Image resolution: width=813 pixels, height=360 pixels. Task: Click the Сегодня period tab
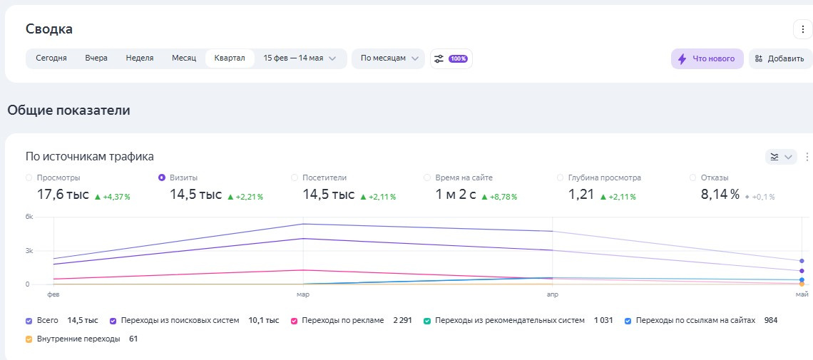(x=51, y=58)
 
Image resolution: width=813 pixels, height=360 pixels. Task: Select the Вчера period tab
(x=96, y=58)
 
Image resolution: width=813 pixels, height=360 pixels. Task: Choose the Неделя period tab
(x=140, y=58)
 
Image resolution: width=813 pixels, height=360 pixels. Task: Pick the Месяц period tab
(x=184, y=58)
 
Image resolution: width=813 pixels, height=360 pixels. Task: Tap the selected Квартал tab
(x=230, y=58)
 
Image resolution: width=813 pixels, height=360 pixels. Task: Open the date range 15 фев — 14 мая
(x=300, y=58)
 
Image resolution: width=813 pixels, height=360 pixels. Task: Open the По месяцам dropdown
(x=389, y=58)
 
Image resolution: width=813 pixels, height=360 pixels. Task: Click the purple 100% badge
(x=458, y=58)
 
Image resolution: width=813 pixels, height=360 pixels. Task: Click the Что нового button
(x=707, y=58)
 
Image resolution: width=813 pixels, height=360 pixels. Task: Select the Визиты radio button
(x=162, y=178)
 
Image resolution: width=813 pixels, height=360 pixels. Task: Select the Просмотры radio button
(x=29, y=178)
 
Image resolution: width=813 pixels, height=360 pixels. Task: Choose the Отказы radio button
(x=693, y=178)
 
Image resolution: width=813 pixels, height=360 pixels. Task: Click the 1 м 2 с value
(x=456, y=195)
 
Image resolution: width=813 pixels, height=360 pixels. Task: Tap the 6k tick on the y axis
(x=29, y=217)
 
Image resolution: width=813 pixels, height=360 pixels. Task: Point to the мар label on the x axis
(x=303, y=293)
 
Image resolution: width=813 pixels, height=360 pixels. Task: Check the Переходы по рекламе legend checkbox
(x=294, y=321)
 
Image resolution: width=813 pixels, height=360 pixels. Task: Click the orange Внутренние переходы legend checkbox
(x=29, y=339)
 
